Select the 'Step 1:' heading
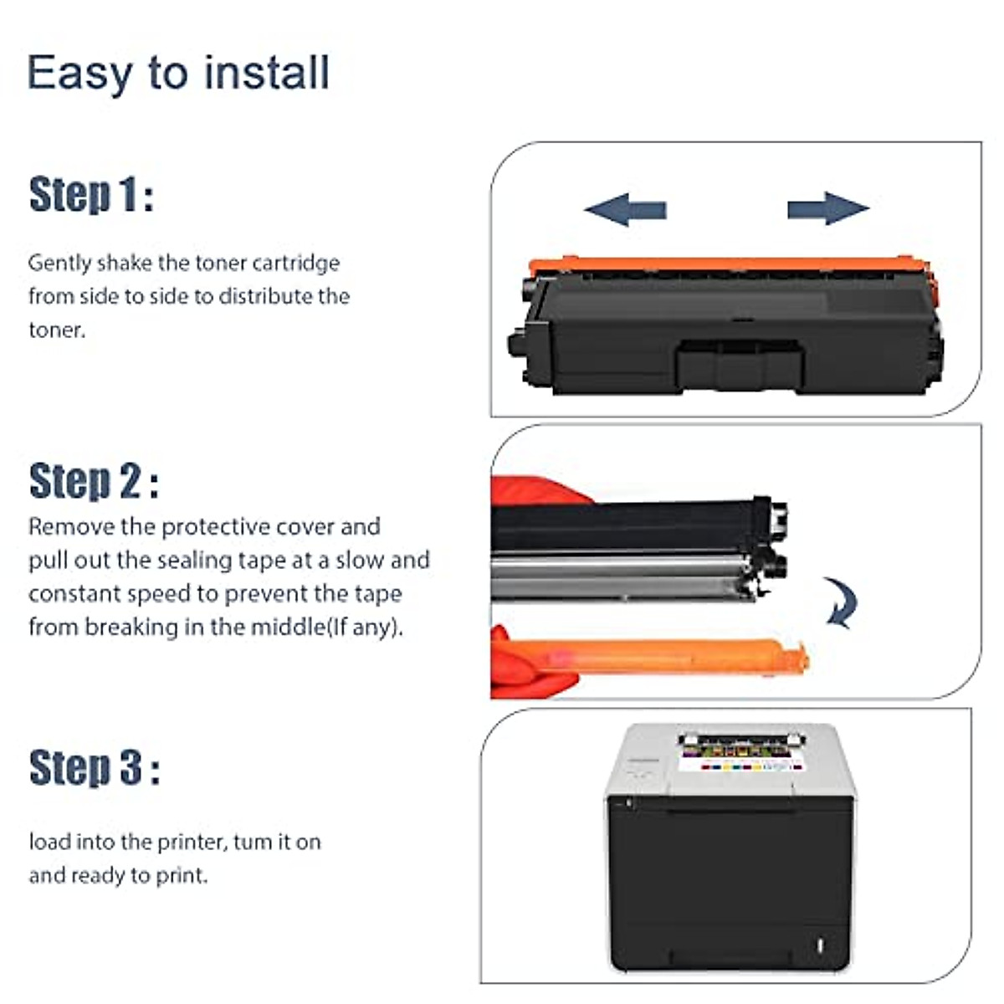pos(91,195)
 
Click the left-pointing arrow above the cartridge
pos(625,209)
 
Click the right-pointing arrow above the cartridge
pos(827,208)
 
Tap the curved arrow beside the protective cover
pos(841,602)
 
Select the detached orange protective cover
pos(661,656)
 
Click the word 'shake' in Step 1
pos(126,263)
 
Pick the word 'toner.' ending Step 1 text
pos(57,330)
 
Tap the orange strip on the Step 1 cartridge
pos(728,266)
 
